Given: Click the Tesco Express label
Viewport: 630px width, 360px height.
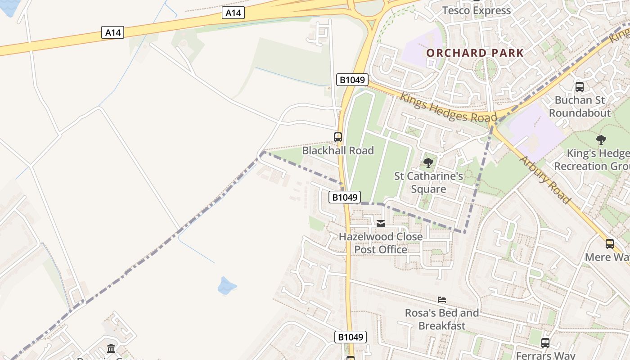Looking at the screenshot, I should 477,10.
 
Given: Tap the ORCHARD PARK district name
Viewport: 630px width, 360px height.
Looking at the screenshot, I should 475,53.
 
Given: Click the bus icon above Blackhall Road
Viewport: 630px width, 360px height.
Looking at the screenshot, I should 338,137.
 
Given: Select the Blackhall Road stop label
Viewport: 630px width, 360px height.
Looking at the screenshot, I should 338,150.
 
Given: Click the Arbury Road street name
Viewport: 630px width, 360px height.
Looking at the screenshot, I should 545,180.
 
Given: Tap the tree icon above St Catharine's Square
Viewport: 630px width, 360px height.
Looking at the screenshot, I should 428,163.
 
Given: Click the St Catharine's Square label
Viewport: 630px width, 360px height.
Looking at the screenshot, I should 428,182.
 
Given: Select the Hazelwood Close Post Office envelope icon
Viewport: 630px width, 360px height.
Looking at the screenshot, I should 381,223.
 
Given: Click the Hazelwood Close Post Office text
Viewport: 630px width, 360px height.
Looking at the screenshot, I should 381,243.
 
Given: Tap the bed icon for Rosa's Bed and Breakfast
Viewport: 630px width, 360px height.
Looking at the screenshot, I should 442,299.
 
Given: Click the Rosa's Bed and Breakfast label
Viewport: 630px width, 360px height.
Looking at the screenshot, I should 442,319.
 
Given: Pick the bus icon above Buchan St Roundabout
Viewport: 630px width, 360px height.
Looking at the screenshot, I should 580,87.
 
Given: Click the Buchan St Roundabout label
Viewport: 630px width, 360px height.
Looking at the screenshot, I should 580,106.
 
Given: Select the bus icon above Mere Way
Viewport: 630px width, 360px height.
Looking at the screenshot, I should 610,244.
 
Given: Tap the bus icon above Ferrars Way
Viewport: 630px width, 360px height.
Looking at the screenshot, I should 545,343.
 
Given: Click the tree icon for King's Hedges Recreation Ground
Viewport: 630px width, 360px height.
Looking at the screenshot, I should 601,140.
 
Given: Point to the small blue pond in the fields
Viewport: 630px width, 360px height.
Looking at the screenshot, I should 227,286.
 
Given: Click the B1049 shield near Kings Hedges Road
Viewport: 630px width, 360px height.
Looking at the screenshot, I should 352,80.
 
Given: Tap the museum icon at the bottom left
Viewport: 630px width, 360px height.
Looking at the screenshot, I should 111,348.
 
